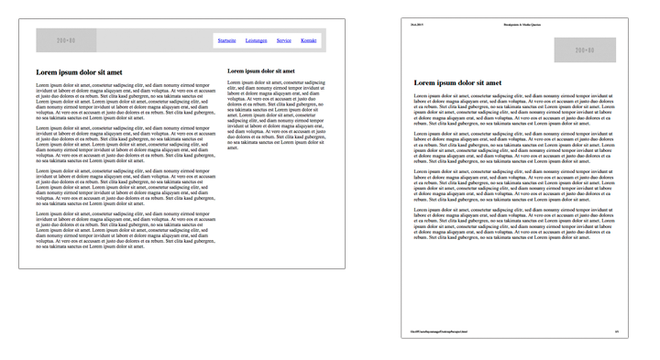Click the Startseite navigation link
(x=227, y=41)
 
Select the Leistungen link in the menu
(x=257, y=41)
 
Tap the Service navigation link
(x=284, y=41)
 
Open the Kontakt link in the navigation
(x=309, y=41)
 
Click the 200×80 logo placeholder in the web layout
(x=66, y=41)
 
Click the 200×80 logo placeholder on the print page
(x=584, y=50)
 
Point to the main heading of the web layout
(x=79, y=71)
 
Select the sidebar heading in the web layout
(x=261, y=71)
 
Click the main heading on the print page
(x=457, y=83)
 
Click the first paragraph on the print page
(x=513, y=109)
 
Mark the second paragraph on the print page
(x=513, y=147)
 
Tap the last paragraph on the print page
(x=513, y=224)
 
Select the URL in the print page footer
(x=439, y=331)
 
